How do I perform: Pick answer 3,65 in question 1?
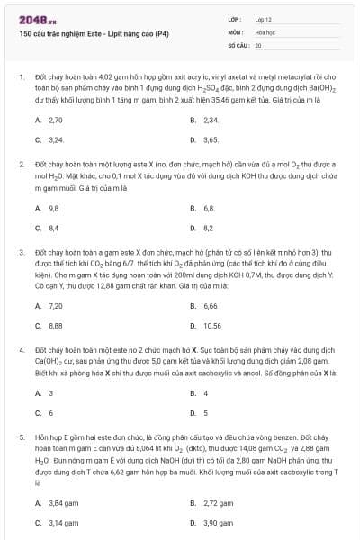click(x=211, y=140)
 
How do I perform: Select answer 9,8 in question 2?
click(x=54, y=208)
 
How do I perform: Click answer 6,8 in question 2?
click(x=209, y=208)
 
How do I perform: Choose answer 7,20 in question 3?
click(x=56, y=305)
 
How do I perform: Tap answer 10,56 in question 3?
click(x=212, y=326)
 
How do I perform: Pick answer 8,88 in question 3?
click(x=56, y=326)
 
